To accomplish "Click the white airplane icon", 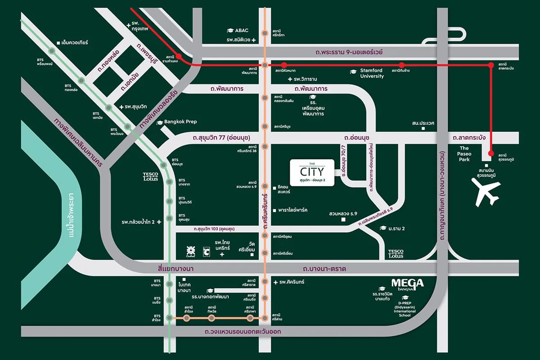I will click(486, 193).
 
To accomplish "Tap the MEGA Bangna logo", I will click(407, 284).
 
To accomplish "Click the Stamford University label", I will click(371, 73).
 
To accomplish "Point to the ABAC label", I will click(238, 31).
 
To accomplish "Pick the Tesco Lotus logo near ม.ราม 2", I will click(396, 254).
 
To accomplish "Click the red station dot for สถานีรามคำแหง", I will click(178, 57).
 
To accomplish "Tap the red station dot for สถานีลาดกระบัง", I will click(491, 66).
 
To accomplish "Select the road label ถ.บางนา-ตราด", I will click(327, 269).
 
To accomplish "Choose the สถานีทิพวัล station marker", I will click(211, 318).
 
